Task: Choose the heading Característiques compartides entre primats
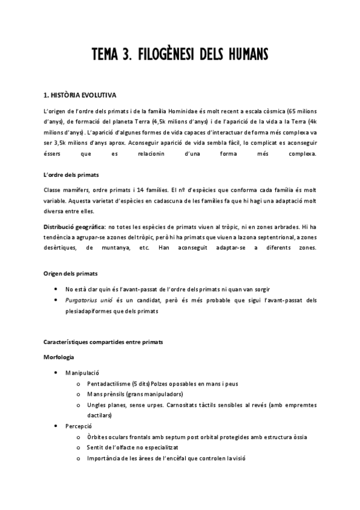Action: [103, 342]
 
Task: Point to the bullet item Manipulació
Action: [82, 373]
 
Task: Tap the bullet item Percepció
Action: [79, 426]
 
